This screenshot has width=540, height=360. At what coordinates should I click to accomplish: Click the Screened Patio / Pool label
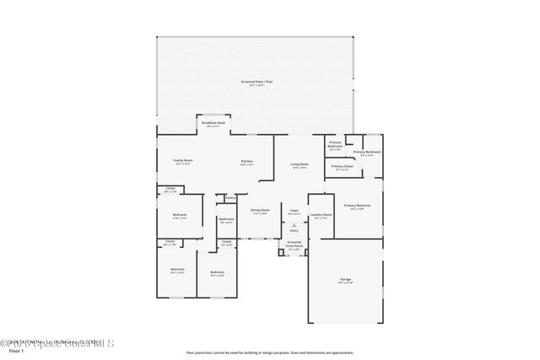pos(256,82)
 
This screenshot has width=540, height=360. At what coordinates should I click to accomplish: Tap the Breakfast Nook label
pos(213,123)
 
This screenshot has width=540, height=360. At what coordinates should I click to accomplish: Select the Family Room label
pos(182,160)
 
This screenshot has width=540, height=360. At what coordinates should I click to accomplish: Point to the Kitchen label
pos(247,162)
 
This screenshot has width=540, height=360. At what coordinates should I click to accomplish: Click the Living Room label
pos(300,164)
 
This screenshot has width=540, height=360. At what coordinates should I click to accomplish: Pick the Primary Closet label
pos(342,167)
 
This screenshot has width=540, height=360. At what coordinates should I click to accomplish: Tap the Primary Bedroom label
pos(357,206)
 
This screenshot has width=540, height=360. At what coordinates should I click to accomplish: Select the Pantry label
pos(230,198)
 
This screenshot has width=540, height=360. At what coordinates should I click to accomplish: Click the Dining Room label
pos(260,210)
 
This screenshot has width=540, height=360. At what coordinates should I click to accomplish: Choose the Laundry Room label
pos(319,215)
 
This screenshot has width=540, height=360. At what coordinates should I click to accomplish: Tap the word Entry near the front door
pos(294,230)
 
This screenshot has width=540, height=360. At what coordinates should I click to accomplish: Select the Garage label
pos(345,278)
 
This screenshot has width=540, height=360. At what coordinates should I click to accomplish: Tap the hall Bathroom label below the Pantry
pos(226,219)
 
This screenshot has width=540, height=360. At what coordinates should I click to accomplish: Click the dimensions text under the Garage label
pos(345,282)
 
